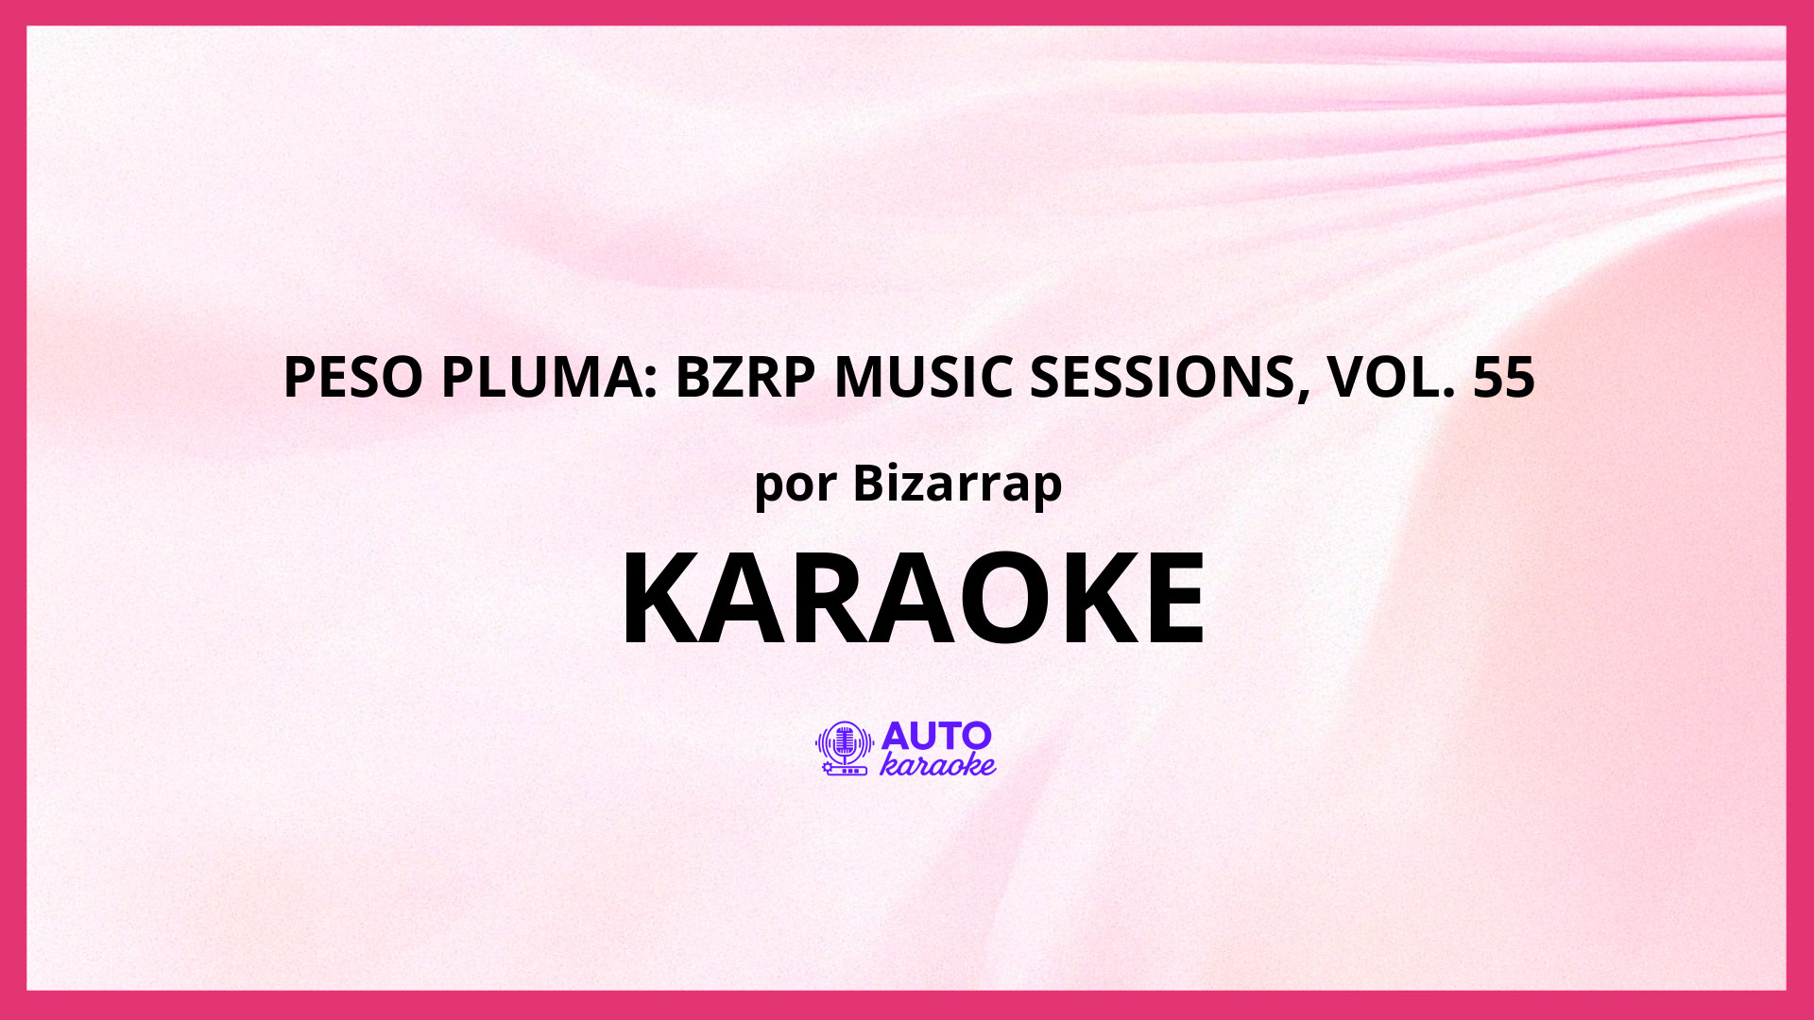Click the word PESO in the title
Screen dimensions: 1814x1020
[353, 376]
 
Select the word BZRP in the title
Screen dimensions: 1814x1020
[744, 376]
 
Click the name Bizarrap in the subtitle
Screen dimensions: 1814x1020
[957, 484]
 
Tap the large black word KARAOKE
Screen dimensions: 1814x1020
[913, 599]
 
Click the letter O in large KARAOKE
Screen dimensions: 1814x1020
[1018, 599]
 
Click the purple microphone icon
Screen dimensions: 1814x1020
[844, 748]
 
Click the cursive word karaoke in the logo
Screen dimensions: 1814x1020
[937, 764]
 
